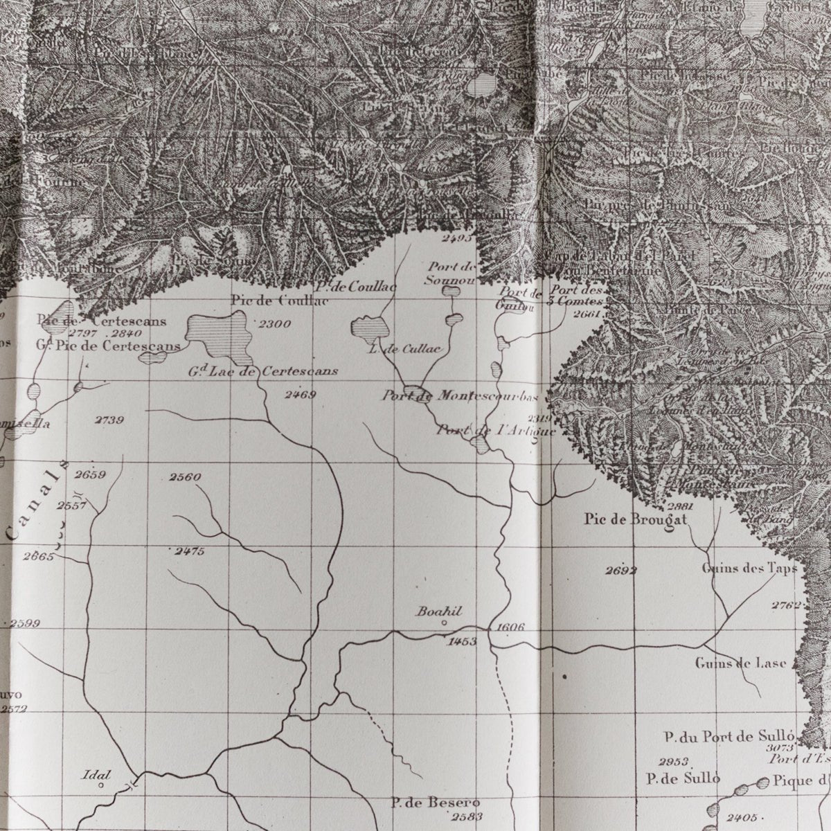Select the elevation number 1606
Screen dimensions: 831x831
[510, 627]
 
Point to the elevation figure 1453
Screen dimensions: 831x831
[462, 641]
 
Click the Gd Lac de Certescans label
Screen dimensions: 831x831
[263, 371]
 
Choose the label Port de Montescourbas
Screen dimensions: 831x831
[460, 396]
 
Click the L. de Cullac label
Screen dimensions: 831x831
[405, 349]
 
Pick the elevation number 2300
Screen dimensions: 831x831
[274, 323]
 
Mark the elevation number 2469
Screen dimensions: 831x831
[300, 395]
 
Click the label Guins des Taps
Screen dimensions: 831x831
[749, 569]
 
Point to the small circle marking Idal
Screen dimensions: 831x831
[101, 785]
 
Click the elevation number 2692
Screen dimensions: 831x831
[620, 571]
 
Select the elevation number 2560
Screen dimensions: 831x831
[185, 476]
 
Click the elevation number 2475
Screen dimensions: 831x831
[189, 551]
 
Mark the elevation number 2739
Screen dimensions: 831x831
[110, 420]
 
